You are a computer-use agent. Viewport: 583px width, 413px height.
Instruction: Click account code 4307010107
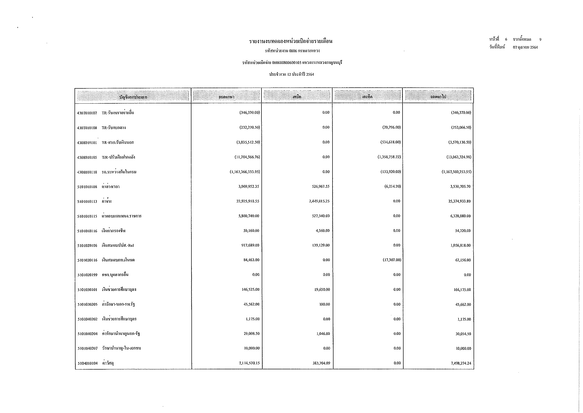tap(87, 113)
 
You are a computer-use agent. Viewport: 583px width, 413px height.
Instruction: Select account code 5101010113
tap(87, 202)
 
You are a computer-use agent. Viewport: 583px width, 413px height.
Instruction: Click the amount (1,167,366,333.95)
tap(245, 172)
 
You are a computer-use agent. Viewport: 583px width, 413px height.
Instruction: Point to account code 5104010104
tap(87, 363)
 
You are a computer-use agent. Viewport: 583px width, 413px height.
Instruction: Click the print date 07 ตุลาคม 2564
tap(525, 47)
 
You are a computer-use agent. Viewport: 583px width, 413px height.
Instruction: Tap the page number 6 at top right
tap(506, 39)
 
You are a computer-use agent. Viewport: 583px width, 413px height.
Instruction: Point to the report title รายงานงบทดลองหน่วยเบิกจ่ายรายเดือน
tap(291, 41)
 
